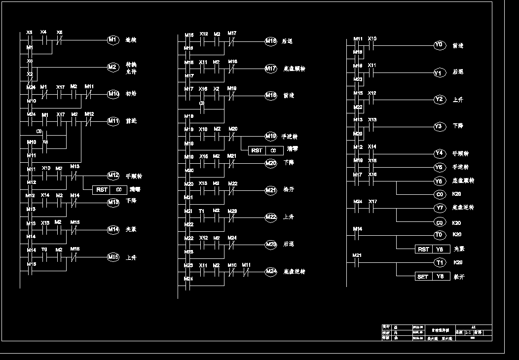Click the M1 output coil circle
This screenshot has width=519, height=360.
pos(113,40)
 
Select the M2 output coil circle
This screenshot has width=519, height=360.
pos(113,67)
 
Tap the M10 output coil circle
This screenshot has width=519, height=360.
pos(113,94)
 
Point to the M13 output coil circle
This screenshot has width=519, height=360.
pos(113,202)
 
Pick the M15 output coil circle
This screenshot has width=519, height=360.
pos(113,256)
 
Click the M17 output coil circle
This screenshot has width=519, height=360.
pos(271,69)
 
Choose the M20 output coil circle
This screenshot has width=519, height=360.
pos(271,163)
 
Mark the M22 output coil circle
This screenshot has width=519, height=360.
pos(271,217)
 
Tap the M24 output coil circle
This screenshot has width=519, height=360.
pos(271,271)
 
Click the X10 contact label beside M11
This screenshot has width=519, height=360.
pos(373,38)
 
